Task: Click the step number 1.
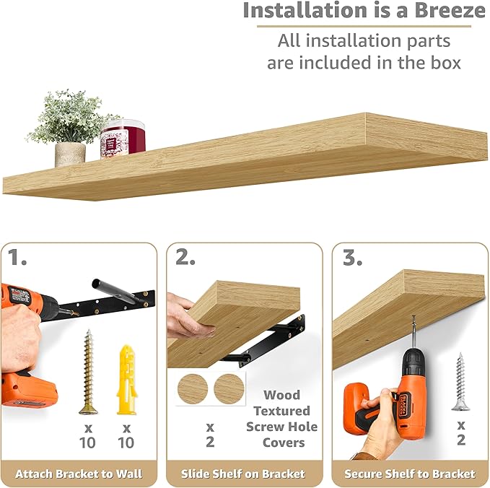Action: pyautogui.click(x=17, y=258)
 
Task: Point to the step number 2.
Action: pyautogui.click(x=185, y=258)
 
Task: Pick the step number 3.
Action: pyautogui.click(x=352, y=258)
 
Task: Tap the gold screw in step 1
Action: pyautogui.click(x=89, y=372)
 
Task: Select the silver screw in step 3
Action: pyautogui.click(x=460, y=382)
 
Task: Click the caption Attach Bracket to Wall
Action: pyautogui.click(x=79, y=474)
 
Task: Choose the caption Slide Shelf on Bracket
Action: pyautogui.click(x=245, y=474)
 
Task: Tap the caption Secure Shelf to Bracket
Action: pyautogui.click(x=410, y=474)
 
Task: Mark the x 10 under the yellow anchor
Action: pyautogui.click(x=126, y=435)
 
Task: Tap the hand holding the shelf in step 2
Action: pyautogui.click(x=186, y=318)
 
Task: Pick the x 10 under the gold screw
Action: pyautogui.click(x=87, y=435)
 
